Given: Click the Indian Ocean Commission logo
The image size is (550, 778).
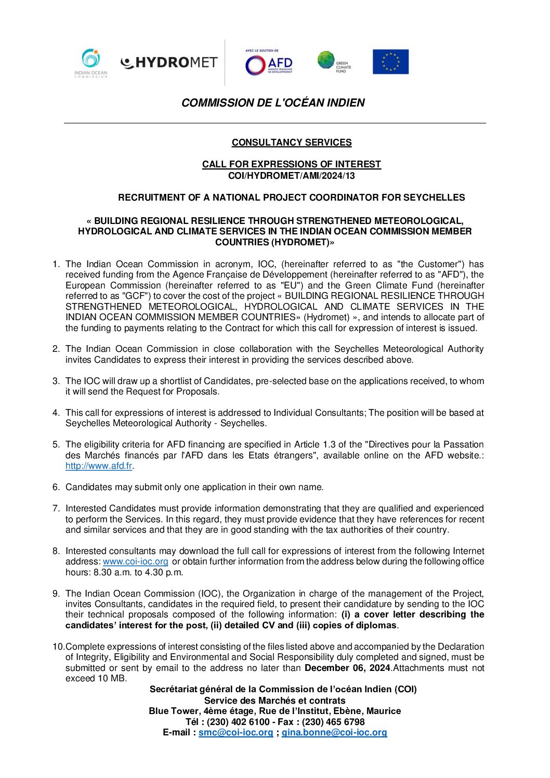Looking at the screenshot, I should pos(91,63).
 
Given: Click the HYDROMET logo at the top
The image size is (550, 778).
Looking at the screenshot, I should pos(169,63).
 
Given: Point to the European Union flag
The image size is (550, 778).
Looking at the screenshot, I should pos(390,62).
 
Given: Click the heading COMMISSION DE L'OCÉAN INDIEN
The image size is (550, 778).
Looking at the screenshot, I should pos(273,103).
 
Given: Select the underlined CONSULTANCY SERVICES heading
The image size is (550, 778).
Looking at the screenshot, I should pos(292,142).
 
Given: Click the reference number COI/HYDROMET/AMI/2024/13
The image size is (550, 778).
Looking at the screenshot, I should pos(291,176).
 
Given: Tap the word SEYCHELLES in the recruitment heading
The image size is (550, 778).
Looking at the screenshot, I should pos(434,197).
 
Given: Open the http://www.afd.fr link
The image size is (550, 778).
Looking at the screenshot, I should pos(99,466).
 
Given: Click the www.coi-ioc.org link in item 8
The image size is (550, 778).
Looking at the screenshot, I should pos(135,562).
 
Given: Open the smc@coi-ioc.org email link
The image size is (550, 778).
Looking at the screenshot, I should pos(235,733).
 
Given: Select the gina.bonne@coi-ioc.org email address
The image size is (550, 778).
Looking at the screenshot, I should pos(334,733).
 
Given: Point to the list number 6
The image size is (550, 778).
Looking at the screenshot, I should pos(56,487).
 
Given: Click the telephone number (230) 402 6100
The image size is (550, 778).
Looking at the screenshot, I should pos(238,722).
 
